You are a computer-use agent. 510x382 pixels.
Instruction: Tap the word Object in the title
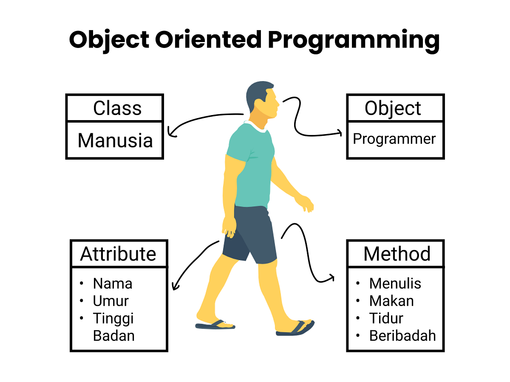[109, 39]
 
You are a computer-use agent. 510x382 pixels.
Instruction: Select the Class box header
[117, 108]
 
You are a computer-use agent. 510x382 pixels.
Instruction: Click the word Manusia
[115, 140]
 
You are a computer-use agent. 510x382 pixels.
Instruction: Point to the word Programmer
[394, 139]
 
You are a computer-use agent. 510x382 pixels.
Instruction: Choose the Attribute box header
[119, 254]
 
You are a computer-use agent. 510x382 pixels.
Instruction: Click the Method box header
[397, 254]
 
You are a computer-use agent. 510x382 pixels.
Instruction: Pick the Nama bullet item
[113, 283]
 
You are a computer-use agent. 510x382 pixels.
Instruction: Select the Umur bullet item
[110, 301]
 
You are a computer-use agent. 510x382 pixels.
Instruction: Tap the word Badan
[113, 336]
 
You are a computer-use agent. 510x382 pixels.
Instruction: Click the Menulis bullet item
[395, 283]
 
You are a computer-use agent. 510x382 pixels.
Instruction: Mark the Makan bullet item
[391, 301]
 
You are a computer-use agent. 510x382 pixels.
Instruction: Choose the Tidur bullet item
[386, 318]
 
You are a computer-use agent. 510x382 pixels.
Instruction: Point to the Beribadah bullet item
[402, 336]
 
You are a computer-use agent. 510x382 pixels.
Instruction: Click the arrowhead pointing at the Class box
[171, 132]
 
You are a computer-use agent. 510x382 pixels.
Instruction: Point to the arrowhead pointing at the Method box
[331, 278]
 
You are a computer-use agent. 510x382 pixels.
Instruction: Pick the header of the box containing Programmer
[393, 108]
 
